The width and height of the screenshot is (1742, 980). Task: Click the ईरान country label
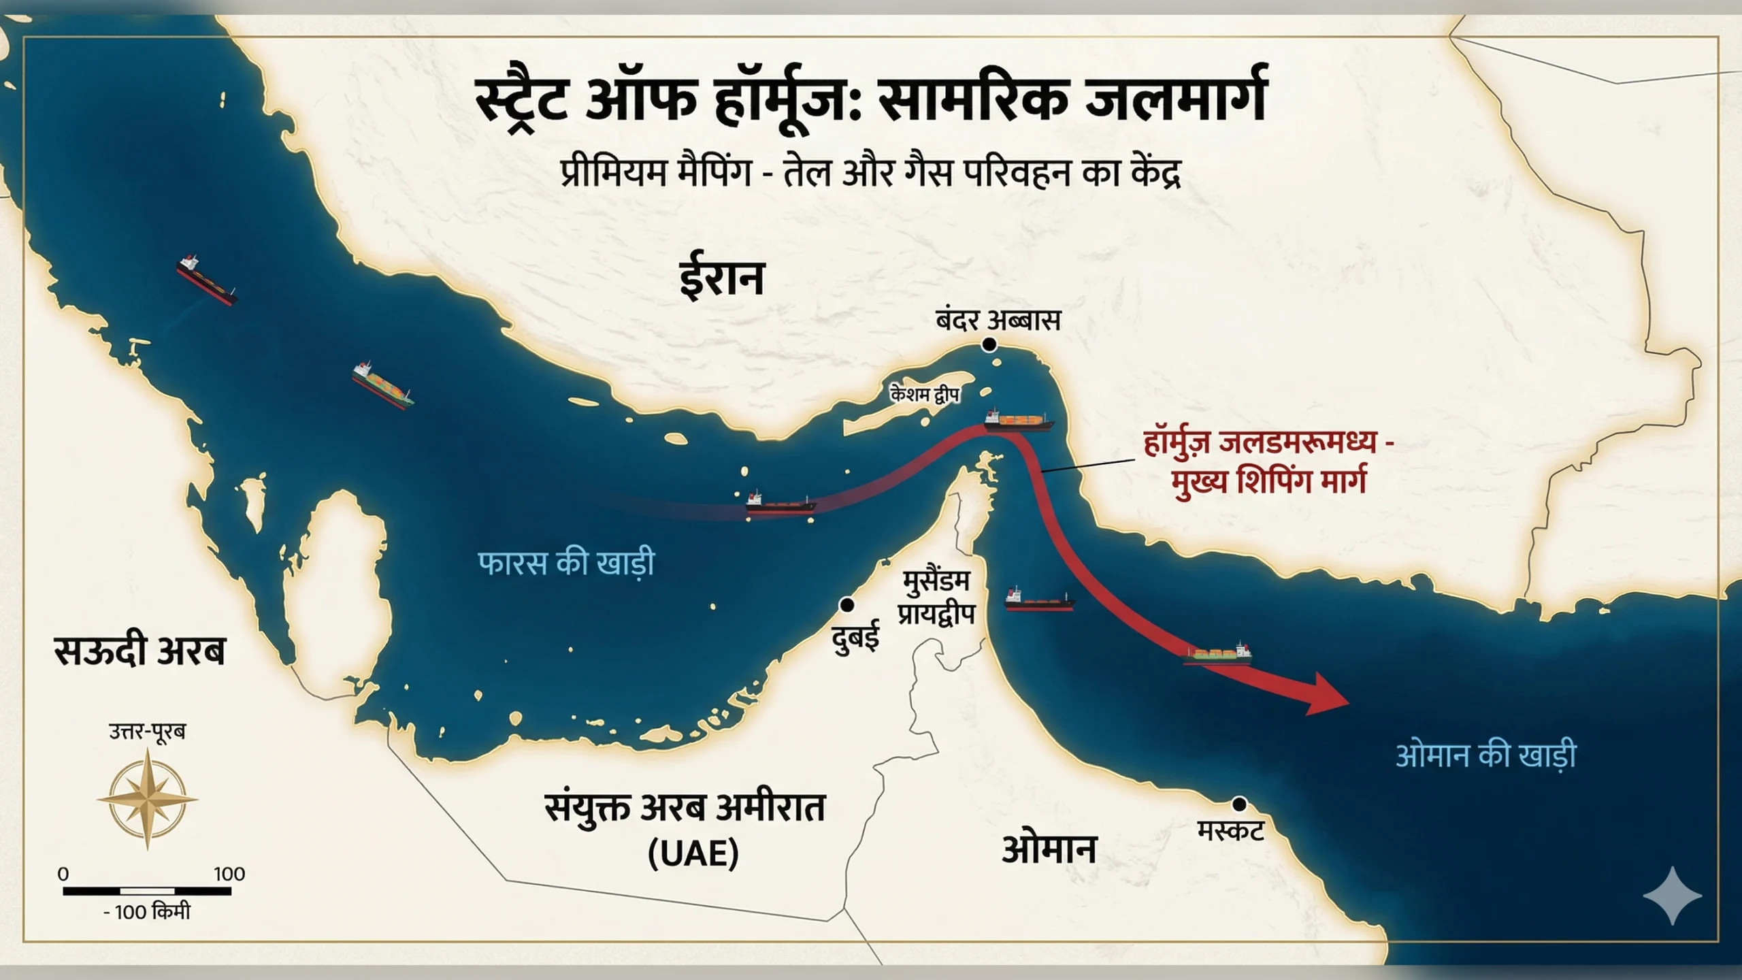point(722,278)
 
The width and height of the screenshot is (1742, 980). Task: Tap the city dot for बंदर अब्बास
point(989,345)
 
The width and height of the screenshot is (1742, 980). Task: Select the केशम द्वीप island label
point(924,393)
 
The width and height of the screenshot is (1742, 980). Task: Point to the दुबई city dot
point(847,604)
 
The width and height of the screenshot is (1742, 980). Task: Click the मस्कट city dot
point(1239,804)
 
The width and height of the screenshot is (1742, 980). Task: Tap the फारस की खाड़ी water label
point(566,563)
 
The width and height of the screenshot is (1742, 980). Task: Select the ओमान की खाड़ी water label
point(1485,755)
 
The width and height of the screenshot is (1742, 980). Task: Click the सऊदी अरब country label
point(139,651)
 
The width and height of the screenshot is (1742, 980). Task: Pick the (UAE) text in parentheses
point(693,853)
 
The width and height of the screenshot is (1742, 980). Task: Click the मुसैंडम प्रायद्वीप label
point(936,598)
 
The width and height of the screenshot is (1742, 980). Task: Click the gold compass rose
point(147,800)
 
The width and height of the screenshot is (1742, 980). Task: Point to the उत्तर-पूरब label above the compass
point(147,732)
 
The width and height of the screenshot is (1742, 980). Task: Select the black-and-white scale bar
point(147,891)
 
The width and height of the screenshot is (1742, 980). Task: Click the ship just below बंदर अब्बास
point(1018,421)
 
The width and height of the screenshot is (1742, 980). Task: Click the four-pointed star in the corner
point(1672,895)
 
